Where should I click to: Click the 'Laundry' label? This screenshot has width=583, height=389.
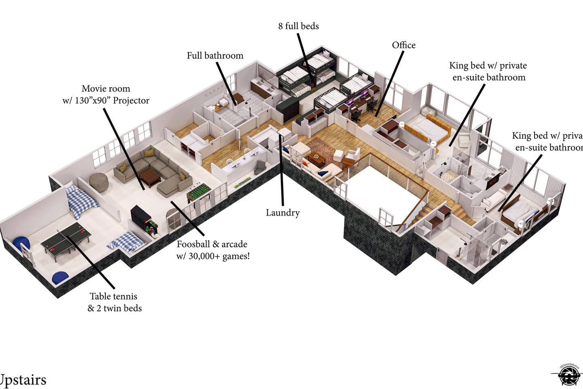pos(283,213)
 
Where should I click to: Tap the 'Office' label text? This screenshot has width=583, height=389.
pos(404,45)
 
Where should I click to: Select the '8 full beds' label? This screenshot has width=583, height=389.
pos(298,26)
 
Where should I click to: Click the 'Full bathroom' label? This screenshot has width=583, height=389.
pos(215,56)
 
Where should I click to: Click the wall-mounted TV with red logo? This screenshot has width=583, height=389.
pos(494,180)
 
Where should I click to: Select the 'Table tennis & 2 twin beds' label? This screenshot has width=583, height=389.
pos(115,302)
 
